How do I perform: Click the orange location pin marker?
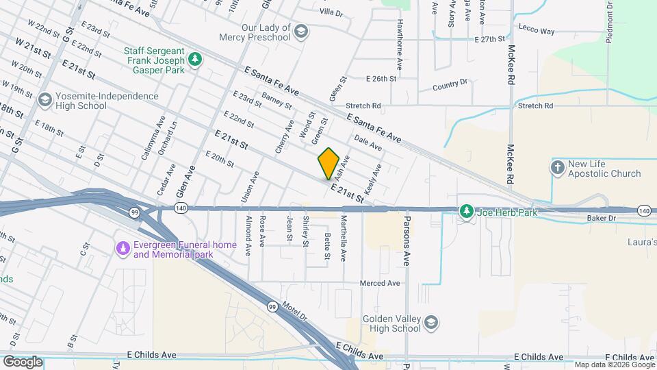coord(328,163)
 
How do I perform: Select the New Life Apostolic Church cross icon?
coord(558,166)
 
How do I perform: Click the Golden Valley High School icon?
coord(430,322)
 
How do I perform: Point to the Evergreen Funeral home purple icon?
coord(123,248)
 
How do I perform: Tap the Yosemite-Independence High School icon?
coord(45,101)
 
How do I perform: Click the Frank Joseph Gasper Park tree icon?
coord(196,60)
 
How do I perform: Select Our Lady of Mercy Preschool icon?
coord(301,32)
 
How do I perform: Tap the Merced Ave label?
coord(380,283)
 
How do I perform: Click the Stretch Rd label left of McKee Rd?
coord(363,106)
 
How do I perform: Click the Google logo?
coord(23,361)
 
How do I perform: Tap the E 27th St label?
coord(493,40)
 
